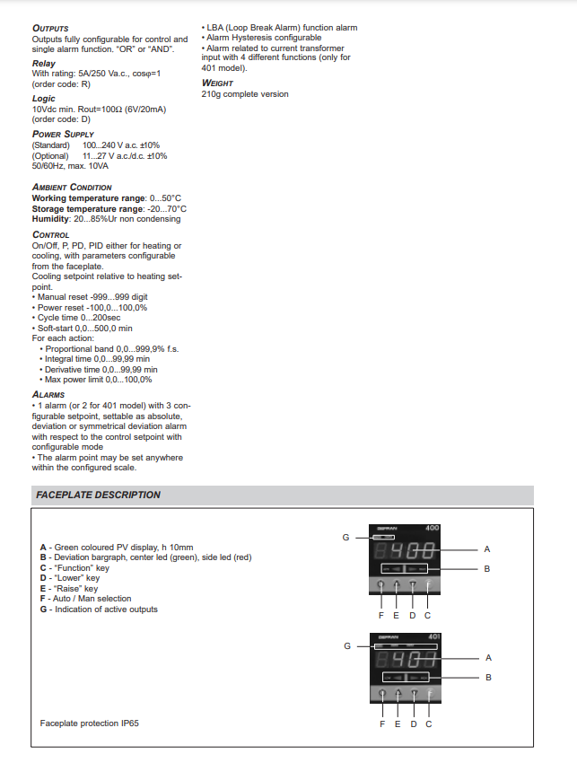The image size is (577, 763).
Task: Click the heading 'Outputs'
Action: click(50, 29)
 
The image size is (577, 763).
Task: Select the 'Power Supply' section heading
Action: click(63, 134)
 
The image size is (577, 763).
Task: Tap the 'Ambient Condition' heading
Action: click(72, 187)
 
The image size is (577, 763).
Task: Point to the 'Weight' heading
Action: click(218, 83)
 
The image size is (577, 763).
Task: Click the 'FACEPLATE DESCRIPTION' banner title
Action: click(99, 495)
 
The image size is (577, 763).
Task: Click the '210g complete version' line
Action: click(245, 93)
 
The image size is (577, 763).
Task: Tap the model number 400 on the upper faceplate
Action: click(432, 528)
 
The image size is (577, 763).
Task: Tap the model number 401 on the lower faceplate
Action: click(433, 636)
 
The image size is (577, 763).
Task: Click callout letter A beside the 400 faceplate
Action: click(487, 548)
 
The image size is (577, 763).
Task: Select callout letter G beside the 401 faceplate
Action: click(348, 645)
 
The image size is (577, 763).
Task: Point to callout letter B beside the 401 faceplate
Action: click(488, 677)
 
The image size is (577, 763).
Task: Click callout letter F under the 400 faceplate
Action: click(382, 615)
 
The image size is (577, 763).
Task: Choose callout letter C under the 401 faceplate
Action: click(428, 724)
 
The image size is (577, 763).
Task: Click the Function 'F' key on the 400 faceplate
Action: click(428, 586)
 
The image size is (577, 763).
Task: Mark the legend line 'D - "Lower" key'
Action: click(70, 578)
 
